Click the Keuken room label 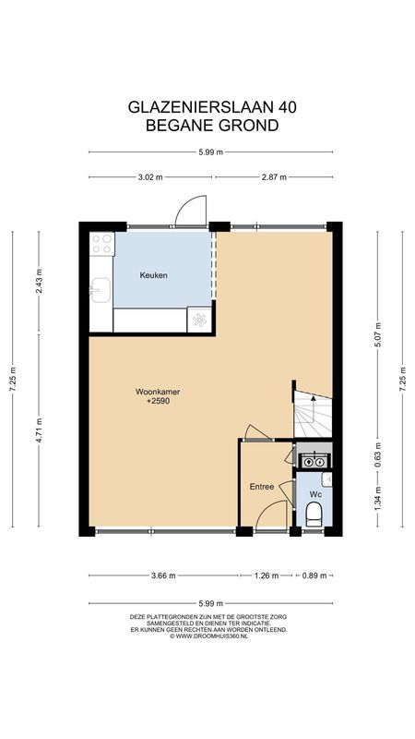[x=154, y=275]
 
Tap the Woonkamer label [x=156, y=393]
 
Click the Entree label [x=262, y=486]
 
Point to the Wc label [x=314, y=494]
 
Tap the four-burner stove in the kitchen [x=101, y=245]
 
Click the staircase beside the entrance [x=314, y=416]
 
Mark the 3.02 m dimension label [x=149, y=176]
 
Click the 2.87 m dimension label [x=274, y=176]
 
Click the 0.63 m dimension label [x=376, y=454]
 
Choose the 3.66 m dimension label [x=163, y=576]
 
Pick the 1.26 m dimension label [x=266, y=576]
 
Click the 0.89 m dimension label [x=314, y=576]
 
